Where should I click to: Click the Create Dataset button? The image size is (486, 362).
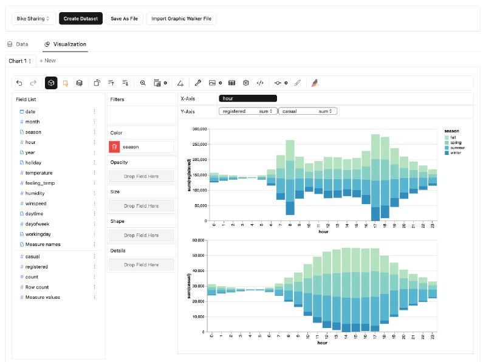click(x=81, y=19)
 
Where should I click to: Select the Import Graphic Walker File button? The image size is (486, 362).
click(x=181, y=19)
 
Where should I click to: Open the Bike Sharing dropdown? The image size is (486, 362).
click(x=33, y=19)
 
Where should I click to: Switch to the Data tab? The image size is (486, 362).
click(x=18, y=44)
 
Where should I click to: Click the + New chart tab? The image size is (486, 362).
click(x=47, y=61)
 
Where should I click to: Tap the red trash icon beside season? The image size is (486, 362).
click(x=114, y=146)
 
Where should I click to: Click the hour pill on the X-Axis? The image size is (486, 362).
click(x=247, y=98)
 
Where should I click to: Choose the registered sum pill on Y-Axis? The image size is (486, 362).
click(x=247, y=111)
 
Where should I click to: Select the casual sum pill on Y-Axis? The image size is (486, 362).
click(x=307, y=111)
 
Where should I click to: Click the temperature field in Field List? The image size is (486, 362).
click(x=39, y=173)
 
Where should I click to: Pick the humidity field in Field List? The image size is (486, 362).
click(x=35, y=193)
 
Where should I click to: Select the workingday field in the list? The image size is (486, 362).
click(x=38, y=234)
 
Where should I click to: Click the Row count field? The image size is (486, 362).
click(x=38, y=287)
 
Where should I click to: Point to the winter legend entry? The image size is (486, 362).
click(x=456, y=153)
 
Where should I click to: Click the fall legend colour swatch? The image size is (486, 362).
click(x=447, y=138)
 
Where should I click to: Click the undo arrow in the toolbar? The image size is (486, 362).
click(x=19, y=83)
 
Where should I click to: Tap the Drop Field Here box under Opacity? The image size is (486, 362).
click(x=141, y=176)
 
